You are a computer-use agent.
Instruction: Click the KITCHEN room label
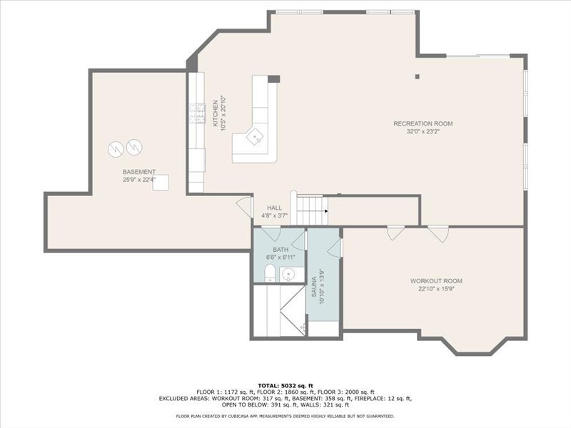point(216,113)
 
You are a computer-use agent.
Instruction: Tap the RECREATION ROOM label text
point(423,123)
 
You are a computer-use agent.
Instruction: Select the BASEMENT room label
point(138,172)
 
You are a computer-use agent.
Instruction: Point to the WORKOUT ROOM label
point(436,280)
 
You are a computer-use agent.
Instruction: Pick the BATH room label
point(280,250)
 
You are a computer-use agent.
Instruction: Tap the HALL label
point(274,208)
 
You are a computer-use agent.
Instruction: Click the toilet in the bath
point(269,273)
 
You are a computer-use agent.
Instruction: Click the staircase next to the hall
point(310,210)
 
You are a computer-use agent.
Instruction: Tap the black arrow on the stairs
point(325,211)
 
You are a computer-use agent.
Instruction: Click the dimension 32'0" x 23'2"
point(423,132)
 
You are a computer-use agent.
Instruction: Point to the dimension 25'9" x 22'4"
point(138,180)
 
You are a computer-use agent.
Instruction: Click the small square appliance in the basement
point(163,183)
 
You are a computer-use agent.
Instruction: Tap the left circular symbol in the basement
point(116,149)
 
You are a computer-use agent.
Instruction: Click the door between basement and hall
point(246,207)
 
